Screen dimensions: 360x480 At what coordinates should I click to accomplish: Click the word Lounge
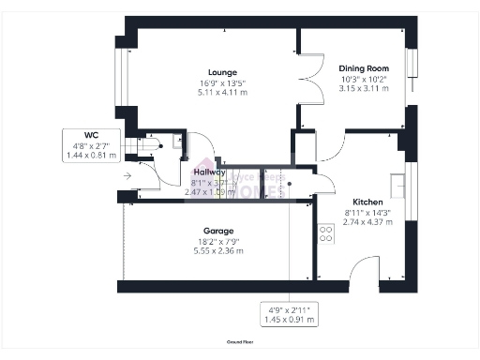pyautogui.click(x=223, y=72)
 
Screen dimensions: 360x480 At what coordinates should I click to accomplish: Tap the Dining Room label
pyautogui.click(x=364, y=67)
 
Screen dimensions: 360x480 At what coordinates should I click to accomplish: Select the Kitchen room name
pyautogui.click(x=366, y=202)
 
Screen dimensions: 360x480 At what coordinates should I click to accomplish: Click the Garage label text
pyautogui.click(x=218, y=231)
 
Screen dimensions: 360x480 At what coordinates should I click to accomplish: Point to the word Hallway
pyautogui.click(x=208, y=172)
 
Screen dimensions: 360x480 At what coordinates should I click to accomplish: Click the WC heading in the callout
pyautogui.click(x=91, y=137)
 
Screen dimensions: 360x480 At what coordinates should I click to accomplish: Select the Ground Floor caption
pyautogui.click(x=240, y=342)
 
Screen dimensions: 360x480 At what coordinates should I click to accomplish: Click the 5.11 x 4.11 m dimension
pyautogui.click(x=223, y=94)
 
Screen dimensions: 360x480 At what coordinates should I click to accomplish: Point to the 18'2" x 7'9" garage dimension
pyautogui.click(x=218, y=241)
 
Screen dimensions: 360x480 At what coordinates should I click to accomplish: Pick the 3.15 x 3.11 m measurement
pyautogui.click(x=364, y=88)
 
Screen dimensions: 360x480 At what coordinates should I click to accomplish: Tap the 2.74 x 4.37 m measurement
pyautogui.click(x=366, y=223)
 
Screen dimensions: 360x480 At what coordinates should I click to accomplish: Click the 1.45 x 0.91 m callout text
pyautogui.click(x=289, y=320)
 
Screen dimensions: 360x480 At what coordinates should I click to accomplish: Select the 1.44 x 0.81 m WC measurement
pyautogui.click(x=91, y=157)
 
